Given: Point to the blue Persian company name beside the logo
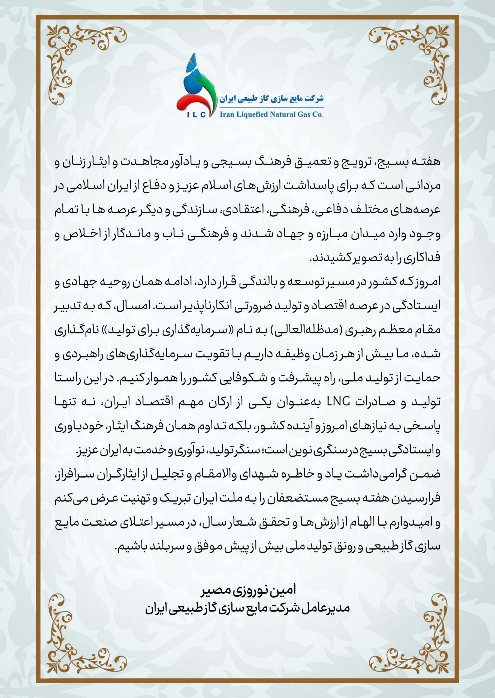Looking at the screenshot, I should click(271, 99).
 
